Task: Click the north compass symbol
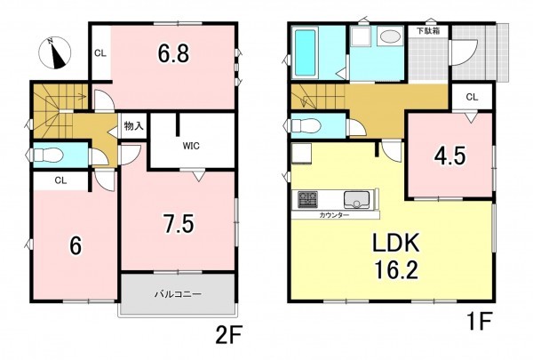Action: pyautogui.click(x=54, y=53)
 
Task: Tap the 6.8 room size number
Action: pyautogui.click(x=173, y=53)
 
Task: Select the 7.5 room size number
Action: pyautogui.click(x=179, y=224)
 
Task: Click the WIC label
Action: pyautogui.click(x=191, y=146)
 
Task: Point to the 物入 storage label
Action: pyautogui.click(x=133, y=126)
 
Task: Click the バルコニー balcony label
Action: pyautogui.click(x=179, y=293)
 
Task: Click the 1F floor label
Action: pyautogui.click(x=480, y=321)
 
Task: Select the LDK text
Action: pyautogui.click(x=396, y=243)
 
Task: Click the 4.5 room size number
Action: pyautogui.click(x=449, y=156)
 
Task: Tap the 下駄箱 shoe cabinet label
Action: pyautogui.click(x=428, y=31)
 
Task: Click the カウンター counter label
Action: pyautogui.click(x=334, y=215)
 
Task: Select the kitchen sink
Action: pyautogui.click(x=356, y=199)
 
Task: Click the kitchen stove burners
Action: pyautogui.click(x=308, y=199)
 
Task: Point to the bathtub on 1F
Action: pyautogui.click(x=305, y=53)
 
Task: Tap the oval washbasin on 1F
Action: pyautogui.click(x=389, y=36)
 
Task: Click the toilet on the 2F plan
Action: pyautogui.click(x=49, y=156)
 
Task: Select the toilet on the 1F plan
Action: pyautogui.click(x=306, y=126)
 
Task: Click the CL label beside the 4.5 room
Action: pyautogui.click(x=472, y=97)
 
